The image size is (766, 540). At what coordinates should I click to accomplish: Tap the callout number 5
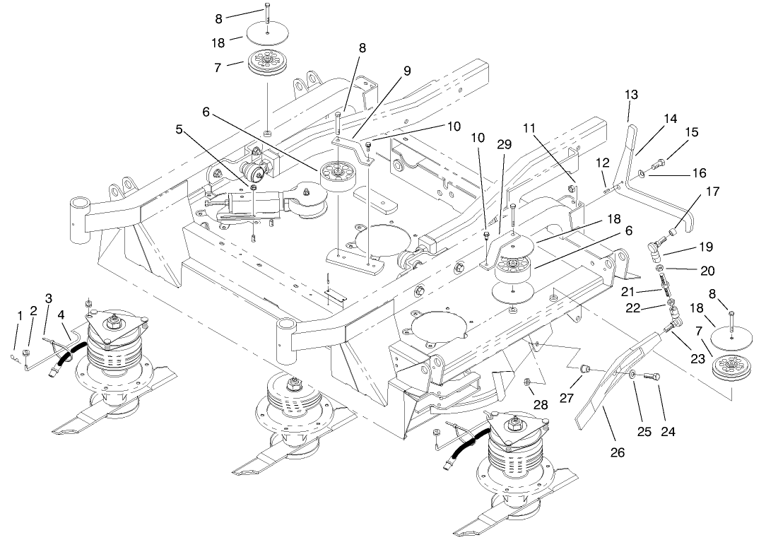point(180,130)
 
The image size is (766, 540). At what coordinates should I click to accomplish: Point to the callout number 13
point(631,94)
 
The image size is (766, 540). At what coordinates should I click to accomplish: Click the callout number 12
point(601,163)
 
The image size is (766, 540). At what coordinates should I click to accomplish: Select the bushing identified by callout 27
point(584,369)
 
